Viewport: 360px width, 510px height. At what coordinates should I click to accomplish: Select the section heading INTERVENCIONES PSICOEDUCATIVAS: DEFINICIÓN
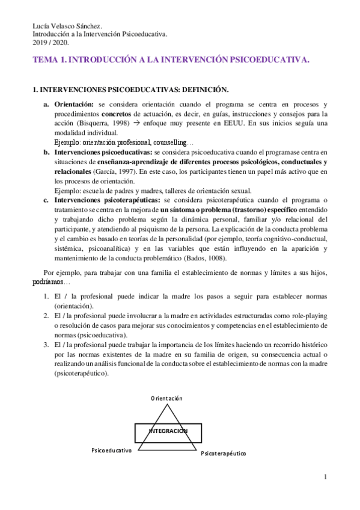130,90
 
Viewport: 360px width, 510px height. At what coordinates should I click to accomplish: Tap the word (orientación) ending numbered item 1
73,306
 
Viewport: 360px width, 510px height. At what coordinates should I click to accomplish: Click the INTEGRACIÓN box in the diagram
167,431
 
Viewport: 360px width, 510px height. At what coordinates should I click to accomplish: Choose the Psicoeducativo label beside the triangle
112,450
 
